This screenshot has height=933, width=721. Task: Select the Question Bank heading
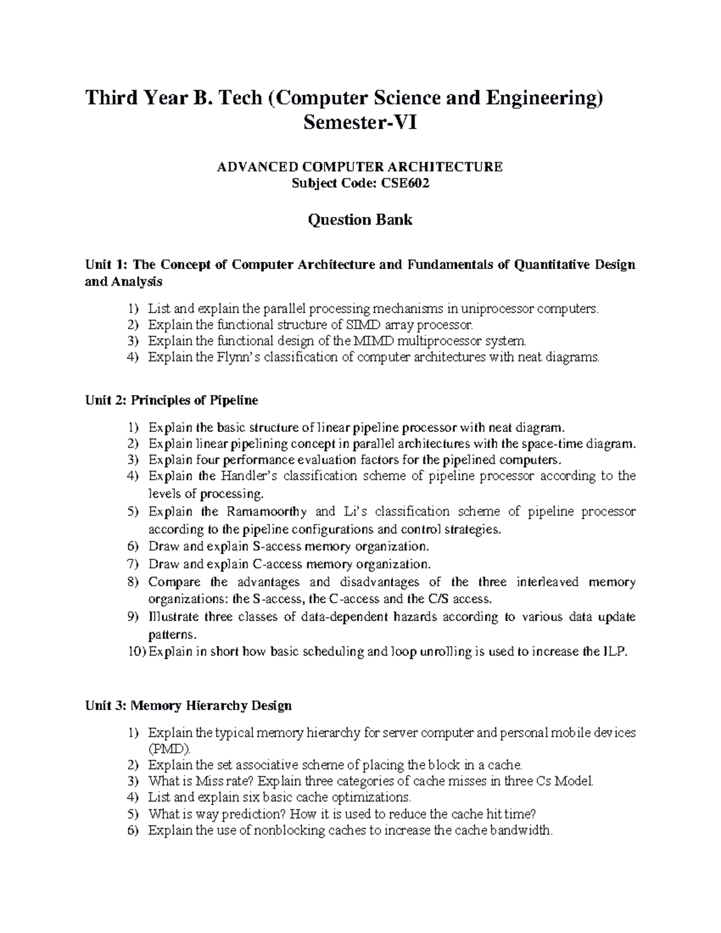(x=360, y=220)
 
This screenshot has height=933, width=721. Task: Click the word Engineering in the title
(x=543, y=98)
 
